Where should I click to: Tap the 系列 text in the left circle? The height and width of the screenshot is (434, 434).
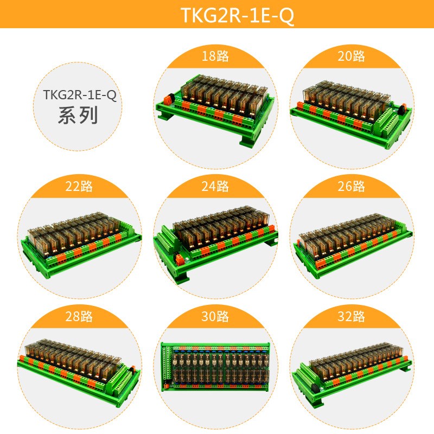coord(78,116)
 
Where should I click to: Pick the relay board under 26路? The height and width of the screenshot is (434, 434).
coord(350,239)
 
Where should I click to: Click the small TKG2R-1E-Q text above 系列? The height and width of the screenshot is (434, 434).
coord(79,95)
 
